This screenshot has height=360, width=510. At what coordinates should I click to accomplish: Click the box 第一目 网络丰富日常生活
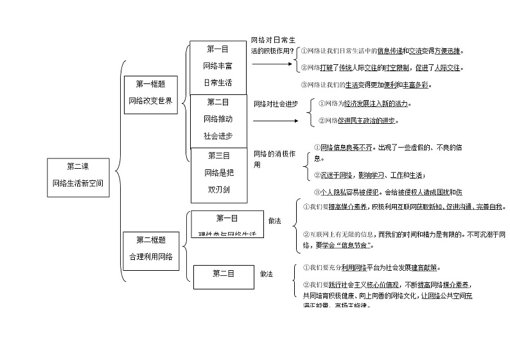point(218,67)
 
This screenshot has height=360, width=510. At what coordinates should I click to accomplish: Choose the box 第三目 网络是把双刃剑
point(218,173)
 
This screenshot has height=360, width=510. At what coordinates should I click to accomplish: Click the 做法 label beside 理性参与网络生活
point(275,221)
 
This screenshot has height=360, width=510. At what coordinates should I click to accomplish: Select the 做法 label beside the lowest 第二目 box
point(267,274)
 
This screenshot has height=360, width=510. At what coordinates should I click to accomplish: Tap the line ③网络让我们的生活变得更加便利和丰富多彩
point(365,85)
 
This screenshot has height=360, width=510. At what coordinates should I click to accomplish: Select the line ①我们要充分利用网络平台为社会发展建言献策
point(371,268)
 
